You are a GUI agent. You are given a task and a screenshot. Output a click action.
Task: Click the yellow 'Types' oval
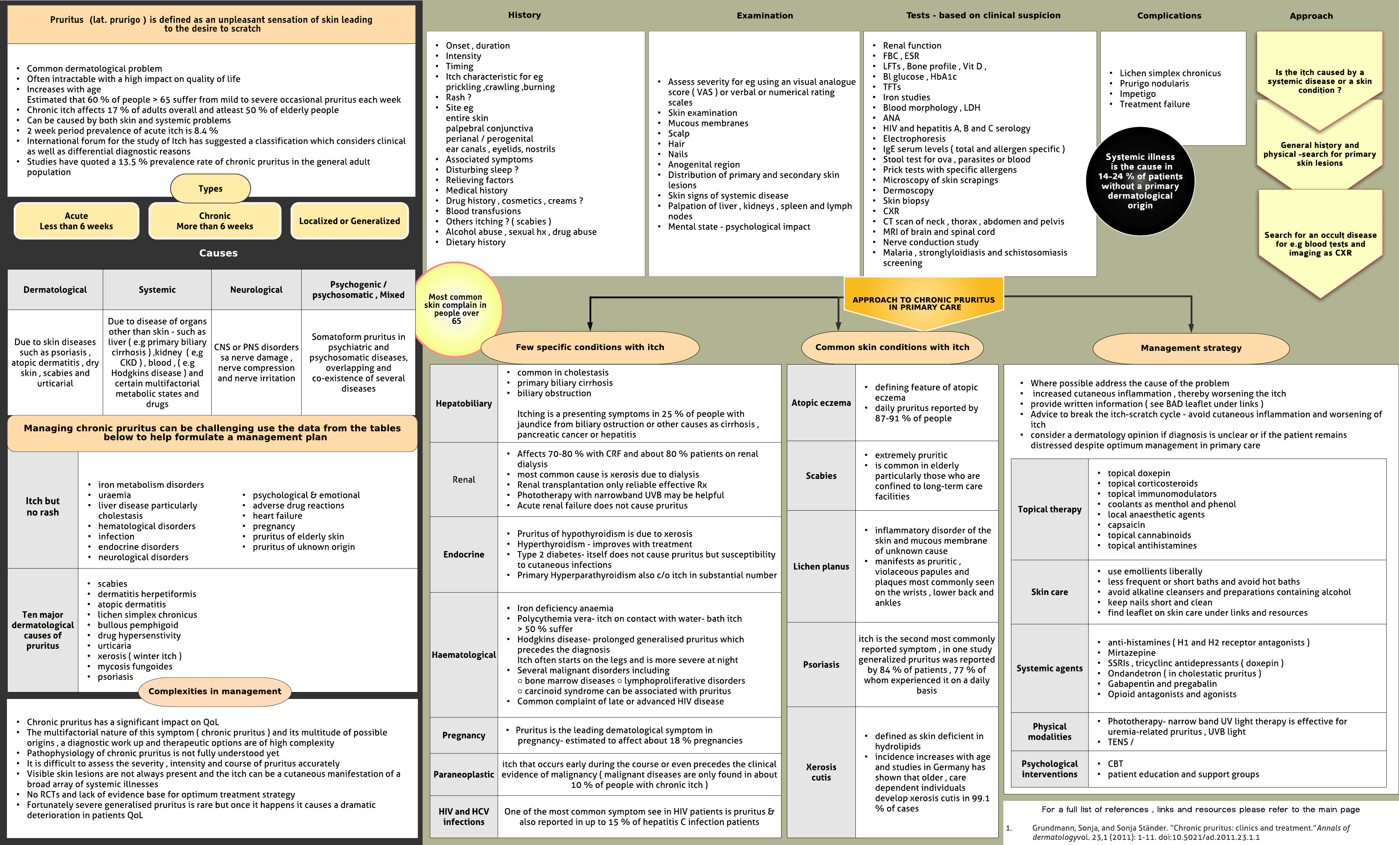click(210, 188)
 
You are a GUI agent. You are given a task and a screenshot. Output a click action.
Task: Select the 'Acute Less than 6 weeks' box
click(77, 221)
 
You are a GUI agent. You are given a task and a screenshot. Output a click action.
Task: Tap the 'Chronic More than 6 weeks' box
click(215, 221)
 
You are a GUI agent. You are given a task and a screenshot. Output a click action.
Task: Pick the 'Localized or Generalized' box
click(349, 221)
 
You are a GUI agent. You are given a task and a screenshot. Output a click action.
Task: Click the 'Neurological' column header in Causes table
click(256, 290)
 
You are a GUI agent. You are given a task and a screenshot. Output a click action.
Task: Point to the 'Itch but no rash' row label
click(43, 507)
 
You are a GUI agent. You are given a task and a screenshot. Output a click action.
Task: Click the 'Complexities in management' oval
click(215, 691)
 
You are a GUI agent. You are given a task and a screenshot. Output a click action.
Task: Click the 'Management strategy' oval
click(1191, 348)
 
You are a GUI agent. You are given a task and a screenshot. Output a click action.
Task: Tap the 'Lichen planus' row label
click(821, 566)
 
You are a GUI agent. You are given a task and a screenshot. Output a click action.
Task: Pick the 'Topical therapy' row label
click(1049, 510)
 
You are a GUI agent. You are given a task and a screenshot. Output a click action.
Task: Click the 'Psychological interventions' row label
click(1049, 769)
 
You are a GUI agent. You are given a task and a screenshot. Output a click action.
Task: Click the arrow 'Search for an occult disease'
click(1320, 244)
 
